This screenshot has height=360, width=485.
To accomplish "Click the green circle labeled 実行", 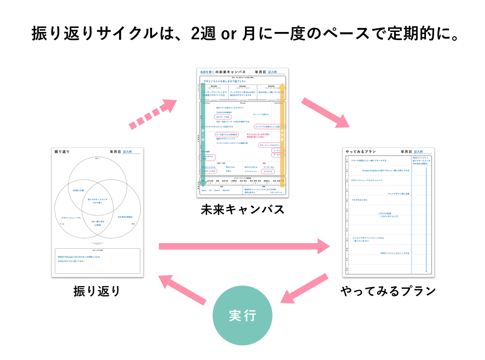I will [242, 316].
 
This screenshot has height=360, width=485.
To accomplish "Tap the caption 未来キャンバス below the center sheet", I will [242, 210].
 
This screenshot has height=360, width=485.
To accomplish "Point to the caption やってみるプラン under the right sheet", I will [388, 291].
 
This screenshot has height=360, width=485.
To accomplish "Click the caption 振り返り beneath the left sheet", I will [97, 291].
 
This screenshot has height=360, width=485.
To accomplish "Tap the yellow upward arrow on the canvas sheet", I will [283, 133].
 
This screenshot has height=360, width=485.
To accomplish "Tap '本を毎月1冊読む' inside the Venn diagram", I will [125, 217].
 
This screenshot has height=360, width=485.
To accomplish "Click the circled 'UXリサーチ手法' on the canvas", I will [223, 116].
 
